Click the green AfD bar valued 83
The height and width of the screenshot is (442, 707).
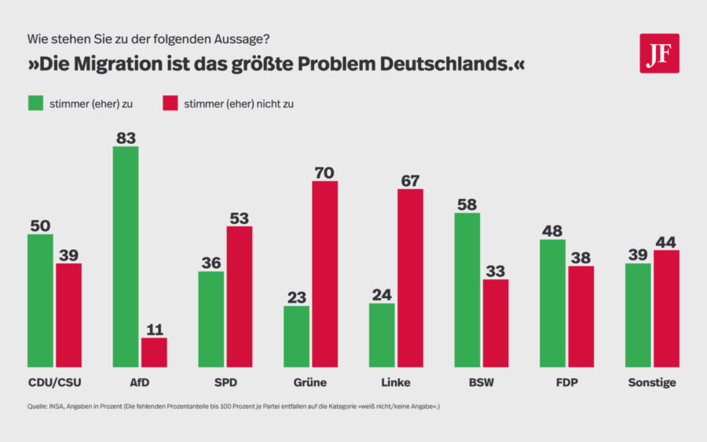[x=126, y=256]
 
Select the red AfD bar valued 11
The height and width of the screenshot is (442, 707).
[x=154, y=352]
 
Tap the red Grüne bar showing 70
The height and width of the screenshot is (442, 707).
[x=324, y=274]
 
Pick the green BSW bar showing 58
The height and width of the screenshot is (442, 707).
[x=467, y=289]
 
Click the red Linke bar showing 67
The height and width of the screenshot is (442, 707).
[x=410, y=278]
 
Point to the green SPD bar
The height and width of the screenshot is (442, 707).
[x=211, y=319]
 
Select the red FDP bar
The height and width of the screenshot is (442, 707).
[x=581, y=316]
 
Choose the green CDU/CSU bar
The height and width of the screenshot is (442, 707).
[x=40, y=300]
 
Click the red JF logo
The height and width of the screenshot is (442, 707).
[x=659, y=53]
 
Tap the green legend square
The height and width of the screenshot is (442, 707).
[x=35, y=104]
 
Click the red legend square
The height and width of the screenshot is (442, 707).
[x=170, y=104]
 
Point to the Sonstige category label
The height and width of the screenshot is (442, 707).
[x=651, y=383]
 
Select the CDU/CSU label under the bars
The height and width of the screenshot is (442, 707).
[x=54, y=383]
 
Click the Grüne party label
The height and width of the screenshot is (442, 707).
[x=310, y=383]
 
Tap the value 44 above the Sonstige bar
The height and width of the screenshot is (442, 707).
[x=666, y=241]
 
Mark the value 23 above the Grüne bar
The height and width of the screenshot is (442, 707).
[x=296, y=297]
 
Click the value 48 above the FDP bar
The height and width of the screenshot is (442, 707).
[x=552, y=230]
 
